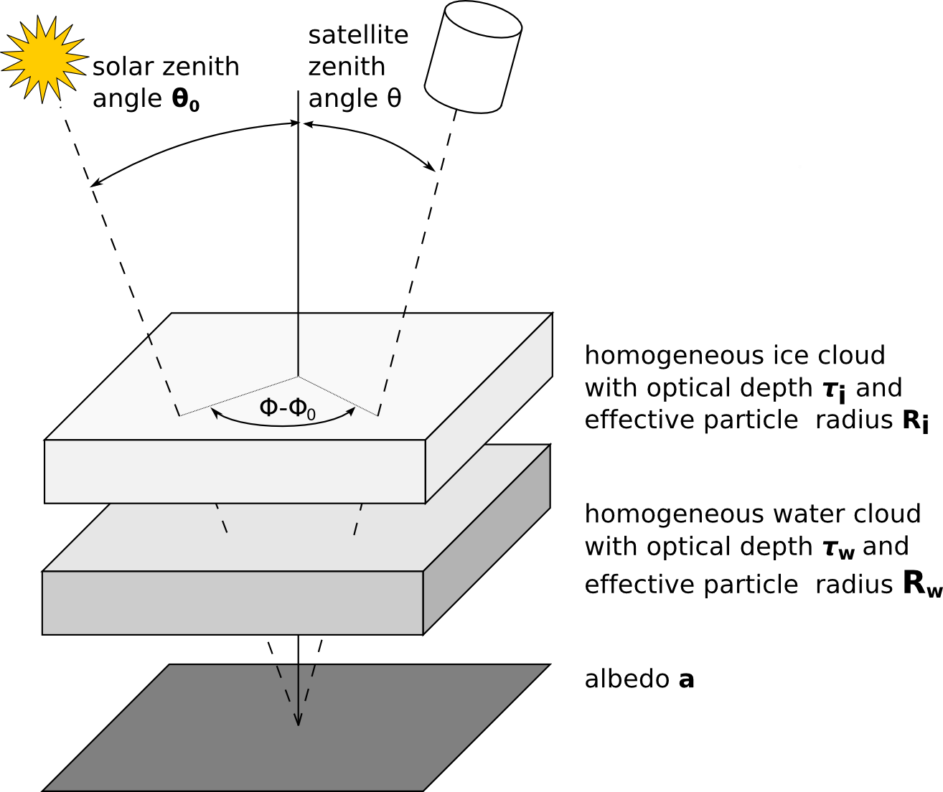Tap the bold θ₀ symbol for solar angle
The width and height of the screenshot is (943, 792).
coord(185,100)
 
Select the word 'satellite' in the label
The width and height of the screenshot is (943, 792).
coord(358,34)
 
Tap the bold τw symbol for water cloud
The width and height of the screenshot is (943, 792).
coord(838,549)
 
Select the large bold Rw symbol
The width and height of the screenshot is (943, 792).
coord(921,584)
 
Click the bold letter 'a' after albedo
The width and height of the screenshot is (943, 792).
coord(686,679)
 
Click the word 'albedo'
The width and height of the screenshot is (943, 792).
coord(627,679)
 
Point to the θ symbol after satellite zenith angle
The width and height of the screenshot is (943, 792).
coord(393,98)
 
